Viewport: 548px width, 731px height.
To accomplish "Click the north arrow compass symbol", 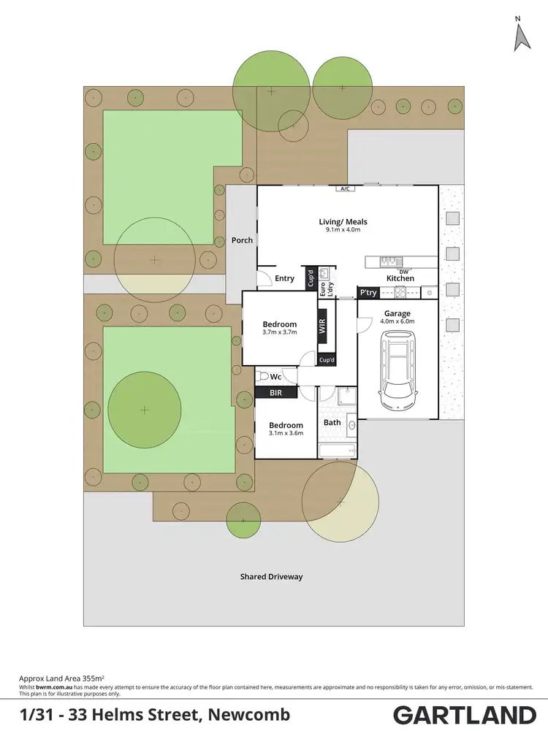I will point(522,35).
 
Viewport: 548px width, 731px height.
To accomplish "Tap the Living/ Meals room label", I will point(343,222).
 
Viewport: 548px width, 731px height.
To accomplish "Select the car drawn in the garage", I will point(397,371).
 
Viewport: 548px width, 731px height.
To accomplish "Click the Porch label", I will point(242,240).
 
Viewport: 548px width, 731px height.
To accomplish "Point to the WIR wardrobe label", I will point(321,326).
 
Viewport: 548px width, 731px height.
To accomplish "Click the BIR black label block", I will point(276,392).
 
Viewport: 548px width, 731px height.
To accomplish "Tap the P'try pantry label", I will point(367,292).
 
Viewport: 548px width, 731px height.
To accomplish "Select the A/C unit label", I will point(343,188).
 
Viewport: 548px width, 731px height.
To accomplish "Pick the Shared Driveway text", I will point(271,577).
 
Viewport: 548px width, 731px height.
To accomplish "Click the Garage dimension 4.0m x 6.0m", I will point(398,321).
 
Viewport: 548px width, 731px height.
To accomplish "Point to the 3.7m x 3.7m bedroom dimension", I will point(280,333).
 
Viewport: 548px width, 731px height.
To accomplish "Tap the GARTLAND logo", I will point(465,713).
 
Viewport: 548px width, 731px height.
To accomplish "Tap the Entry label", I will point(284,278).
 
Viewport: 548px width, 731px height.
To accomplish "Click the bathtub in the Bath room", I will point(337,451).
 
